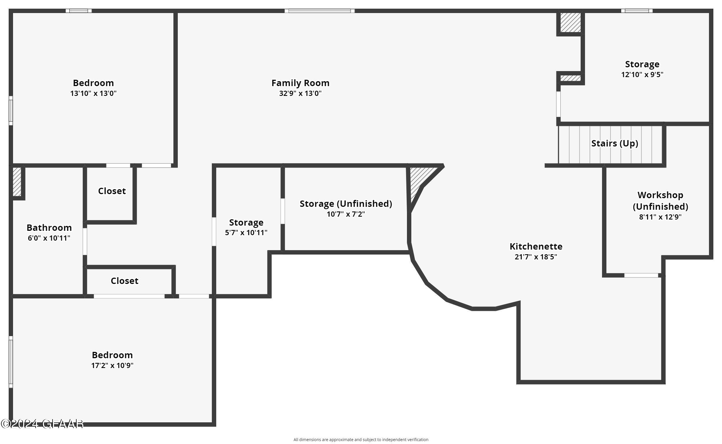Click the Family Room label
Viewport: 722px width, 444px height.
(300, 83)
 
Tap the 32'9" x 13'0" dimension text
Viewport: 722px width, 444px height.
(300, 94)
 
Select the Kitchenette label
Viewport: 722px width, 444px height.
(536, 246)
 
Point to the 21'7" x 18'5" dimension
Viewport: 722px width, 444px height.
(536, 257)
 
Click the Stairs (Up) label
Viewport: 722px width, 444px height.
(614, 143)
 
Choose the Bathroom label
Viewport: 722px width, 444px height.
(49, 228)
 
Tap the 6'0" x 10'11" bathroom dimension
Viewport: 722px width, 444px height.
(49, 238)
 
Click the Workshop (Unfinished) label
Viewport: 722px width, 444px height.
(660, 200)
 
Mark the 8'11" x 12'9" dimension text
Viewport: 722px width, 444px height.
(660, 217)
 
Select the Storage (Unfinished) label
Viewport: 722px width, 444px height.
(346, 203)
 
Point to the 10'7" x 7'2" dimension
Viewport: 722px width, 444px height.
(346, 214)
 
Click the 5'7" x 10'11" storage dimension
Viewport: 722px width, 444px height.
(246, 233)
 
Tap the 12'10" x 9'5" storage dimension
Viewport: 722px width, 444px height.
(642, 75)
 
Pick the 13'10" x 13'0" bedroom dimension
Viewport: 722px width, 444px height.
(93, 94)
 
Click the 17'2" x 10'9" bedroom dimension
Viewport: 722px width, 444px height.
(112, 366)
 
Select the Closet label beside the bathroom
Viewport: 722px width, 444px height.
(112, 191)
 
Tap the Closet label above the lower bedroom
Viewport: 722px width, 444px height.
(125, 281)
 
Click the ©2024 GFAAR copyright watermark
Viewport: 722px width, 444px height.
(42, 424)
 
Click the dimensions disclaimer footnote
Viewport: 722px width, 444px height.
(361, 440)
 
